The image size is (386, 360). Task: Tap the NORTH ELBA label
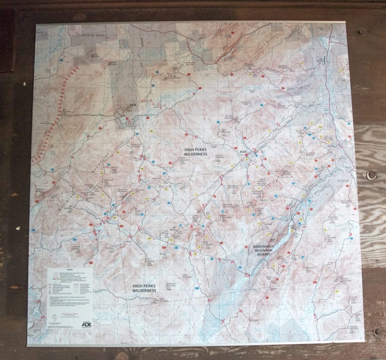tap(95, 36)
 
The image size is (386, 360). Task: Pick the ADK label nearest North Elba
tap(133, 105)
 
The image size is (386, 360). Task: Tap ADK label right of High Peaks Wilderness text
tap(243, 152)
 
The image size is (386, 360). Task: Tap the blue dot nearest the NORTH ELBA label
tap(61, 59)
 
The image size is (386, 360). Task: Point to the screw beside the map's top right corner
tap(360, 32)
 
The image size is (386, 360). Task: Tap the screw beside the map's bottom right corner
tap(377, 331)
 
